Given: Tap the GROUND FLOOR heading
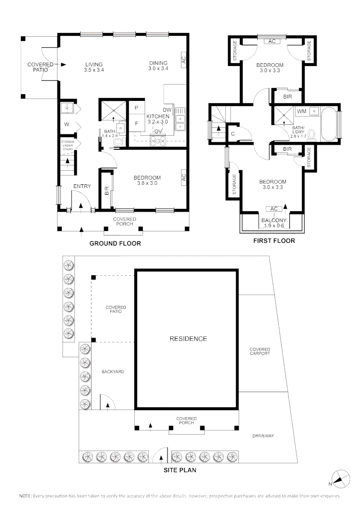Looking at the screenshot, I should click(115, 244).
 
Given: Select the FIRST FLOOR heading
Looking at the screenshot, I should click(274, 241).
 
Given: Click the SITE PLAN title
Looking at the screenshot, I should click(180, 470).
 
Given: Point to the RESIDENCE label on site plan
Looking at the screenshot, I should click(188, 338).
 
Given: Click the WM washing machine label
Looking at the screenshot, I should click(301, 111).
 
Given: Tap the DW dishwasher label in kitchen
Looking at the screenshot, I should click(166, 109).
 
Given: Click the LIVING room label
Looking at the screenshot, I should click(94, 65).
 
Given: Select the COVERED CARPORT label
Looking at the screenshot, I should click(260, 351).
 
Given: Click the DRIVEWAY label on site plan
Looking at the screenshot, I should click(262, 436).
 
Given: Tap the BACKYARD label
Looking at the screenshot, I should click(113, 372).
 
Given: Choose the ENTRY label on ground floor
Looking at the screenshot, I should click(82, 187).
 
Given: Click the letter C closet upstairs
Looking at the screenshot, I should click(233, 133).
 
